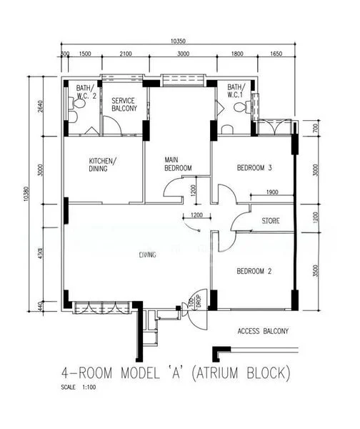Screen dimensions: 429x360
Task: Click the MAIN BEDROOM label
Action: point(179,164)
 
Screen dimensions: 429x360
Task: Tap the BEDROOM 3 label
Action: point(254,169)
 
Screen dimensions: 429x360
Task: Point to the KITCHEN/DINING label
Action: point(104,164)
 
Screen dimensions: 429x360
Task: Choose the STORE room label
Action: point(271,220)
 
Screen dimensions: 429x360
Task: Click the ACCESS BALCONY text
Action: point(263,331)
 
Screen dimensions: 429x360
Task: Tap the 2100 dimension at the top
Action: point(126,54)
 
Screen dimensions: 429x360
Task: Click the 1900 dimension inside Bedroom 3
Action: point(271,192)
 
